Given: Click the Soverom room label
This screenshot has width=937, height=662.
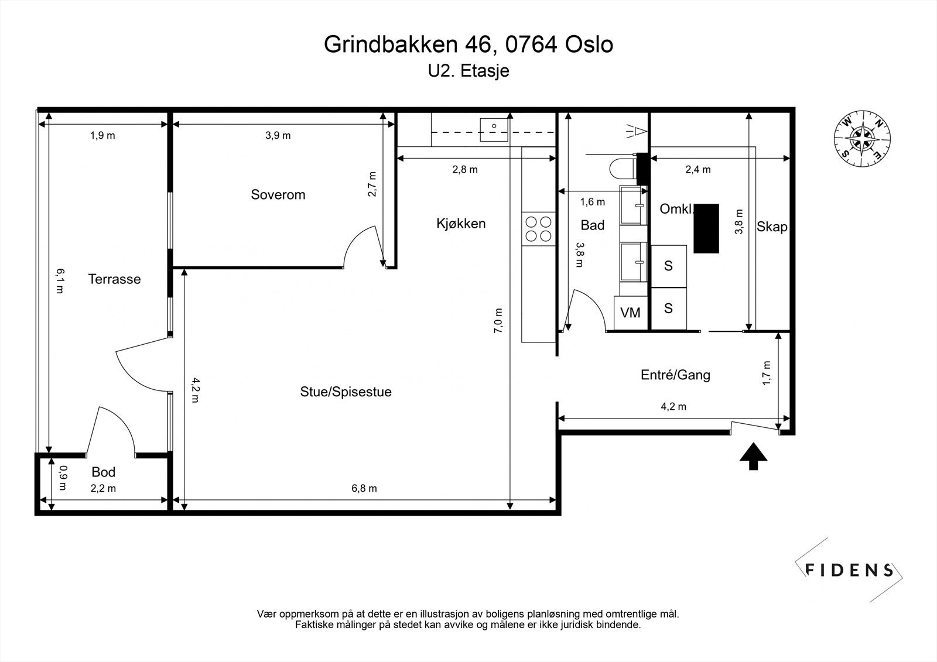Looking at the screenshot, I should pyautogui.click(x=278, y=194).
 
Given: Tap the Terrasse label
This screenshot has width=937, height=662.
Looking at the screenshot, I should pyautogui.click(x=114, y=279).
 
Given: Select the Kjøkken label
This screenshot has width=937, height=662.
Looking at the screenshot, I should pyautogui.click(x=461, y=223).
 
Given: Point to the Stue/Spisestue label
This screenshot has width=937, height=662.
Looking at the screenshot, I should pyautogui.click(x=346, y=392).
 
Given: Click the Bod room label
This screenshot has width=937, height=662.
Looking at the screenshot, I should pyautogui.click(x=104, y=472).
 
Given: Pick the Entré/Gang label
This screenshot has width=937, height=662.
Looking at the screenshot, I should pyautogui.click(x=675, y=375).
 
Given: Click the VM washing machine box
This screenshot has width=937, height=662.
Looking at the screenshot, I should pyautogui.click(x=630, y=313).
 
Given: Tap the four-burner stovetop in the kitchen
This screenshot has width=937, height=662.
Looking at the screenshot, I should pyautogui.click(x=539, y=229).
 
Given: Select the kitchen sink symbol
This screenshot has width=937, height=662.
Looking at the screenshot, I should pyautogui.click(x=494, y=126).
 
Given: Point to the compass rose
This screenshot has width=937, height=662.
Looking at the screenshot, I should pyautogui.click(x=863, y=139).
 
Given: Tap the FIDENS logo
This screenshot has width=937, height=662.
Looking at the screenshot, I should pyautogui.click(x=849, y=570).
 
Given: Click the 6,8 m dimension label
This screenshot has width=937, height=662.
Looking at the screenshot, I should pyautogui.click(x=364, y=488).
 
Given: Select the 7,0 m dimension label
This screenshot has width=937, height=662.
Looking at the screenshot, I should pyautogui.click(x=498, y=320).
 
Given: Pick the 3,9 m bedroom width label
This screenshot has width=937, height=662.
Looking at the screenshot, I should pyautogui.click(x=278, y=136).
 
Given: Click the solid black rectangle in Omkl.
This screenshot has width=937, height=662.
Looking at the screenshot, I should pyautogui.click(x=706, y=228).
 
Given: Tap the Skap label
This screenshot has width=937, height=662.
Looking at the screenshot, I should pyautogui.click(x=772, y=227).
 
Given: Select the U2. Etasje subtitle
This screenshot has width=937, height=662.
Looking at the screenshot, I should pyautogui.click(x=468, y=71).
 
